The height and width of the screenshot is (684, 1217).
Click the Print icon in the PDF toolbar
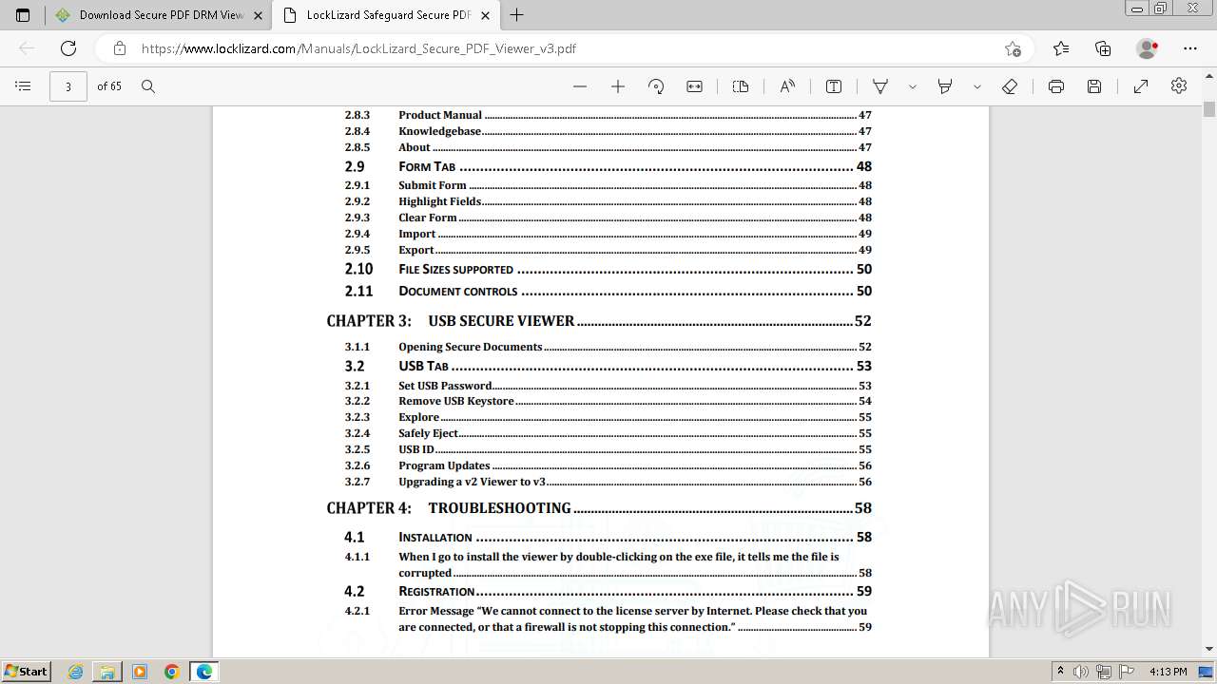pyautogui.click(x=1055, y=86)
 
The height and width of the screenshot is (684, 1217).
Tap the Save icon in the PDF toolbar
pyautogui.click(x=1094, y=86)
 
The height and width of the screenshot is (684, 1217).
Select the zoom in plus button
pyautogui.click(x=618, y=86)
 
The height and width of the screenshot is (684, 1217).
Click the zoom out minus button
pyautogui.click(x=580, y=86)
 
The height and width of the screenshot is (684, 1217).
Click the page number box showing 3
pyautogui.click(x=68, y=86)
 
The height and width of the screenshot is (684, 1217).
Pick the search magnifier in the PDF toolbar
pyautogui.click(x=148, y=86)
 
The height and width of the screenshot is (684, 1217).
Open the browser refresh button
pyautogui.click(x=68, y=48)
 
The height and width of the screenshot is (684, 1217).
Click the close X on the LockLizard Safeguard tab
pyautogui.click(x=486, y=15)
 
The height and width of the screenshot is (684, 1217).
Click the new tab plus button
pyautogui.click(x=517, y=15)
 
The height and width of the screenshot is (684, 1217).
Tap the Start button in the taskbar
pyautogui.click(x=26, y=672)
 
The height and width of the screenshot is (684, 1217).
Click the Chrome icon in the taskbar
pyautogui.click(x=172, y=672)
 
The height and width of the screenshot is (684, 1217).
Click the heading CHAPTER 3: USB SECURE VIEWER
pyautogui.click(x=450, y=321)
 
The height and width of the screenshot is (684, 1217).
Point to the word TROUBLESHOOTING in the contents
pyautogui.click(x=499, y=508)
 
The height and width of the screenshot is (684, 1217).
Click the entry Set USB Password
pyautogui.click(x=445, y=386)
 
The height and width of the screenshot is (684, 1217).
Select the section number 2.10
pyautogui.click(x=358, y=270)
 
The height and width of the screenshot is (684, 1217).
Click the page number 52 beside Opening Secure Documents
pyautogui.click(x=864, y=347)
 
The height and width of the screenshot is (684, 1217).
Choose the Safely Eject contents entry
pyautogui.click(x=428, y=433)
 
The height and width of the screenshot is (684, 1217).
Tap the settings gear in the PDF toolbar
pyautogui.click(x=1179, y=86)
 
